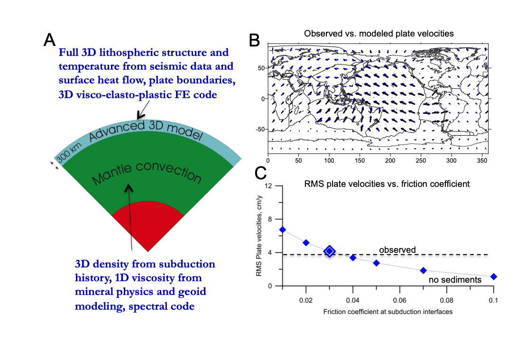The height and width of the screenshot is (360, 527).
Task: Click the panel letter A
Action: pyautogui.click(x=50, y=40)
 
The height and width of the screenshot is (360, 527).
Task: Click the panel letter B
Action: pyautogui.click(x=254, y=40)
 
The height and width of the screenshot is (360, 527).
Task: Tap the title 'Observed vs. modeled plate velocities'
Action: pyautogui.click(x=379, y=34)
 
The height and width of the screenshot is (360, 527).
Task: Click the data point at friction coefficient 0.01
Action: pyautogui.click(x=282, y=230)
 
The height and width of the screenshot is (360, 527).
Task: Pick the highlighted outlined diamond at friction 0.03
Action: pyautogui.click(x=329, y=251)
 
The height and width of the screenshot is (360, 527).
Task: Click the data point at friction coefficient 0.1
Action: pyautogui.click(x=493, y=277)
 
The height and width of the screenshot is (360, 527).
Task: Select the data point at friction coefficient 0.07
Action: pyautogui.click(x=423, y=270)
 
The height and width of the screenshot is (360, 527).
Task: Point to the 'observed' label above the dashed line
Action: pyautogui.click(x=397, y=249)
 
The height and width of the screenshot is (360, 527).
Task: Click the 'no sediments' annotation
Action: pyautogui.click(x=455, y=280)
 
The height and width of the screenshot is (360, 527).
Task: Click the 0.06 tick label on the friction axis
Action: pyautogui.click(x=399, y=301)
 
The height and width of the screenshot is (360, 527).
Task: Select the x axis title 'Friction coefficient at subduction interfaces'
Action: pyautogui.click(x=388, y=312)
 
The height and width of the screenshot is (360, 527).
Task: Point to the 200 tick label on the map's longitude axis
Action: pyautogui.click(x=390, y=161)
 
